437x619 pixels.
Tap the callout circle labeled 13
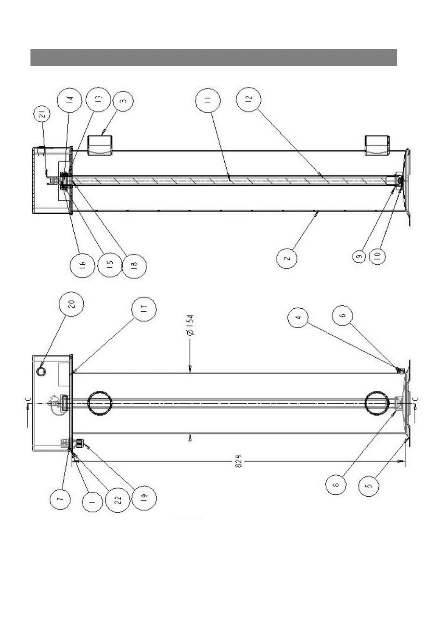[97, 98]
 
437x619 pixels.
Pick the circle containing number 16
[82, 264]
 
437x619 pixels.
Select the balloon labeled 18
[134, 264]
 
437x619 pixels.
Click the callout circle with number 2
[287, 258]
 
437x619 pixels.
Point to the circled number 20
[72, 304]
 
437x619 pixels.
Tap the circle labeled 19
[144, 497]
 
